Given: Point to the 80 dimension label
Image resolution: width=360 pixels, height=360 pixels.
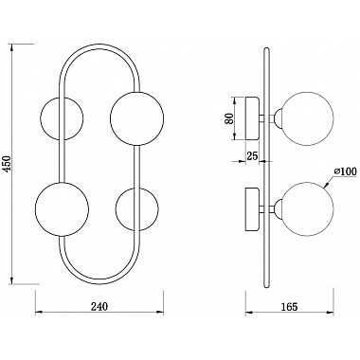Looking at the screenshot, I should (x=229, y=119).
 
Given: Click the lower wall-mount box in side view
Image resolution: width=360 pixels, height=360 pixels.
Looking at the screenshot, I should (x=255, y=208).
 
